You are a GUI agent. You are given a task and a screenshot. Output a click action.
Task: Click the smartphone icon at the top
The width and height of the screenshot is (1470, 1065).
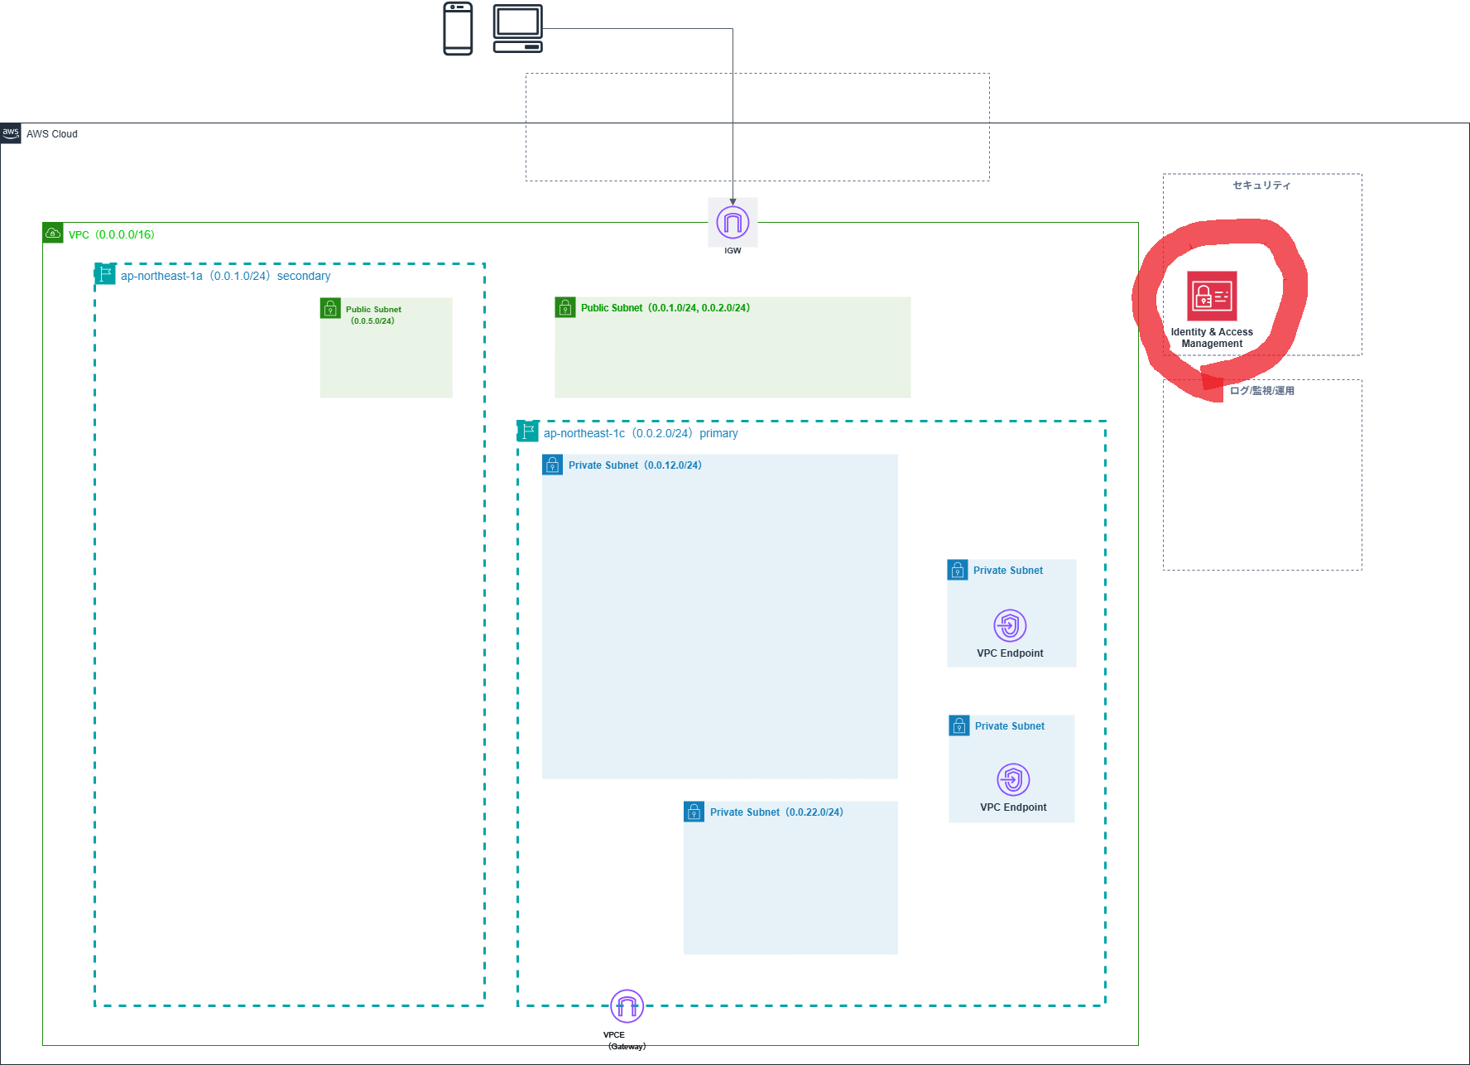point(458,29)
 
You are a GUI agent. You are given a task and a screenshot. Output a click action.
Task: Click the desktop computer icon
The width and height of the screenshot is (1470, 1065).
point(518,29)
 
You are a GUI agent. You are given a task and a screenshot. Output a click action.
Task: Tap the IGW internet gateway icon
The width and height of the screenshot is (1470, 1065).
point(733,223)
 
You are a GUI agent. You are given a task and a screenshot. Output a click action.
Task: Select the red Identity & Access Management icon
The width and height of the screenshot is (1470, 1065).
point(1212,296)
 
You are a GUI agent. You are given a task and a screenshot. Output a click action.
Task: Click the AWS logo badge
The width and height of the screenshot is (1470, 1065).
point(11,133)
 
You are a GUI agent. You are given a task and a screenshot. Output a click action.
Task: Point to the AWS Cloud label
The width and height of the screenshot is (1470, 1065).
point(52,134)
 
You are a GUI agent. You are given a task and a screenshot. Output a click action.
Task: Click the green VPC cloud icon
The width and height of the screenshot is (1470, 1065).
point(53,233)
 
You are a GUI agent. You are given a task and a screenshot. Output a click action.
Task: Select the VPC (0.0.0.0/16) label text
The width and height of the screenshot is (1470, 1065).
point(112,235)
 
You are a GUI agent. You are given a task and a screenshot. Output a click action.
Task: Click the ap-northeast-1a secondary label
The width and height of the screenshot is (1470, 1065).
point(225,277)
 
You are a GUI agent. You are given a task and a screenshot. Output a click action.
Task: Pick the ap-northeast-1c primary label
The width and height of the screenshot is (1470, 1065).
point(641,434)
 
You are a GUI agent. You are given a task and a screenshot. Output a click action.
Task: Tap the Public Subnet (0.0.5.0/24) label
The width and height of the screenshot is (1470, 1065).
point(373,316)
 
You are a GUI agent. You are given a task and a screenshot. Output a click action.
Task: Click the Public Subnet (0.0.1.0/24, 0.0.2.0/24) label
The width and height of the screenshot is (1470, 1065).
point(665,308)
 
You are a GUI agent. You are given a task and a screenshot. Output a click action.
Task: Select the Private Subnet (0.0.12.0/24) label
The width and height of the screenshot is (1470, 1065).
point(635,465)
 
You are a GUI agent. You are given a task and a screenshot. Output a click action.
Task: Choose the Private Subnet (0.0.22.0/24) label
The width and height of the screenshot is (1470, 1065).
point(776,812)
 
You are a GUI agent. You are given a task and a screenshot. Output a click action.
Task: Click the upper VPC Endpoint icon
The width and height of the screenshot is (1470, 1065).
point(1010,625)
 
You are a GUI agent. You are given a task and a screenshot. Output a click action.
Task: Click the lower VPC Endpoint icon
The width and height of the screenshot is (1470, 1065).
point(1013,779)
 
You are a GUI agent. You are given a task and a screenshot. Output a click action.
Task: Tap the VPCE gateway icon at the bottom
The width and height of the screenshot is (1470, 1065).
point(627,1006)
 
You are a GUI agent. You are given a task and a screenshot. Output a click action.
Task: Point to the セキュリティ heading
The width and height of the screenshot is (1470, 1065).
point(1261,186)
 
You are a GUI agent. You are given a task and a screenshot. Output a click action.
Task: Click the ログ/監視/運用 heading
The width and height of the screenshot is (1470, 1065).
point(1261,391)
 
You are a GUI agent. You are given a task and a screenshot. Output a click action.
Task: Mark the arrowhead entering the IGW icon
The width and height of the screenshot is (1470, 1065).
point(733,202)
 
